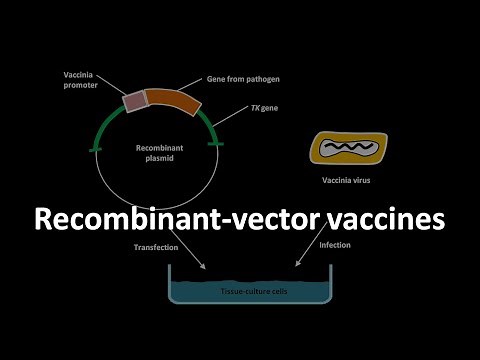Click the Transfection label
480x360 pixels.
point(155,247)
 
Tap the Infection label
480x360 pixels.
point(335,245)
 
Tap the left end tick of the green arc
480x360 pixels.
point(94,149)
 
